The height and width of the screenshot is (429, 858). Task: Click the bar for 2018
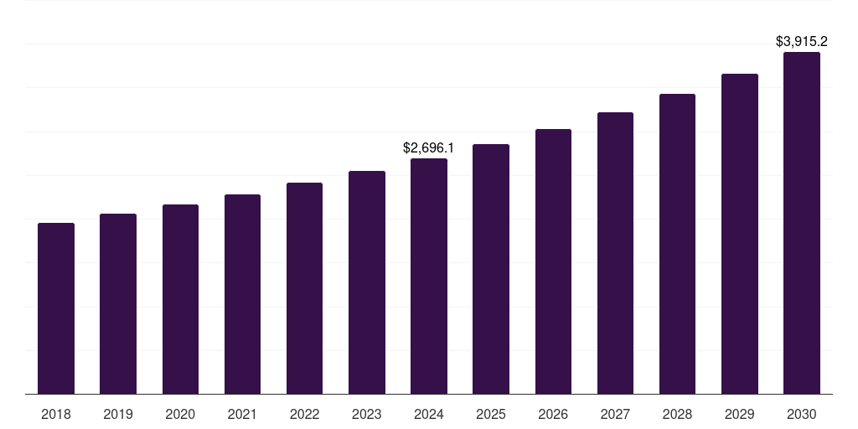coord(56,308)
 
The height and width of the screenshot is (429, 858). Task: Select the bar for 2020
coord(180,299)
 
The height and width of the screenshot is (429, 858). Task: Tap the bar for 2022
coord(304,288)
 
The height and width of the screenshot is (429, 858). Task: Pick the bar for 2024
coord(429,277)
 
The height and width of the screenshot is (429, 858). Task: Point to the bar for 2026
coord(553,261)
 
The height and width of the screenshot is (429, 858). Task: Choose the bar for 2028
coord(677,244)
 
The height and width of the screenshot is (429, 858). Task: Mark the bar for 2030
coord(802,223)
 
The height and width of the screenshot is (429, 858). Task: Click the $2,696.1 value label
coord(428,148)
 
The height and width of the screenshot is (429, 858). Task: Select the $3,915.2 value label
coord(802,41)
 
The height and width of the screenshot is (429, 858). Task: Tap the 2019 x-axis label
coord(118,414)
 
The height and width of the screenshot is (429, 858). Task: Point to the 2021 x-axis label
coord(242,414)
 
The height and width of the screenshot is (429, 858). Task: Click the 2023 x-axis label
coord(366,414)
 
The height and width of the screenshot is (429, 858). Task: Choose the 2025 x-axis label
coord(491,414)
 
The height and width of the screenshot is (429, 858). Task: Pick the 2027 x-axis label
coord(615,414)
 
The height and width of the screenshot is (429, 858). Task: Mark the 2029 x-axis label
coord(740,414)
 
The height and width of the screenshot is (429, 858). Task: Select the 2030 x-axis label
coord(802,414)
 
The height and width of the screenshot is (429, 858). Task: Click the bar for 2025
coord(491,269)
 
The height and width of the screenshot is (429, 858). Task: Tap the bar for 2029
coord(740,234)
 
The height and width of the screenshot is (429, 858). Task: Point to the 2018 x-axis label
coord(56,414)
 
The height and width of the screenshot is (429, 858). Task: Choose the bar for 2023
coord(367,282)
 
